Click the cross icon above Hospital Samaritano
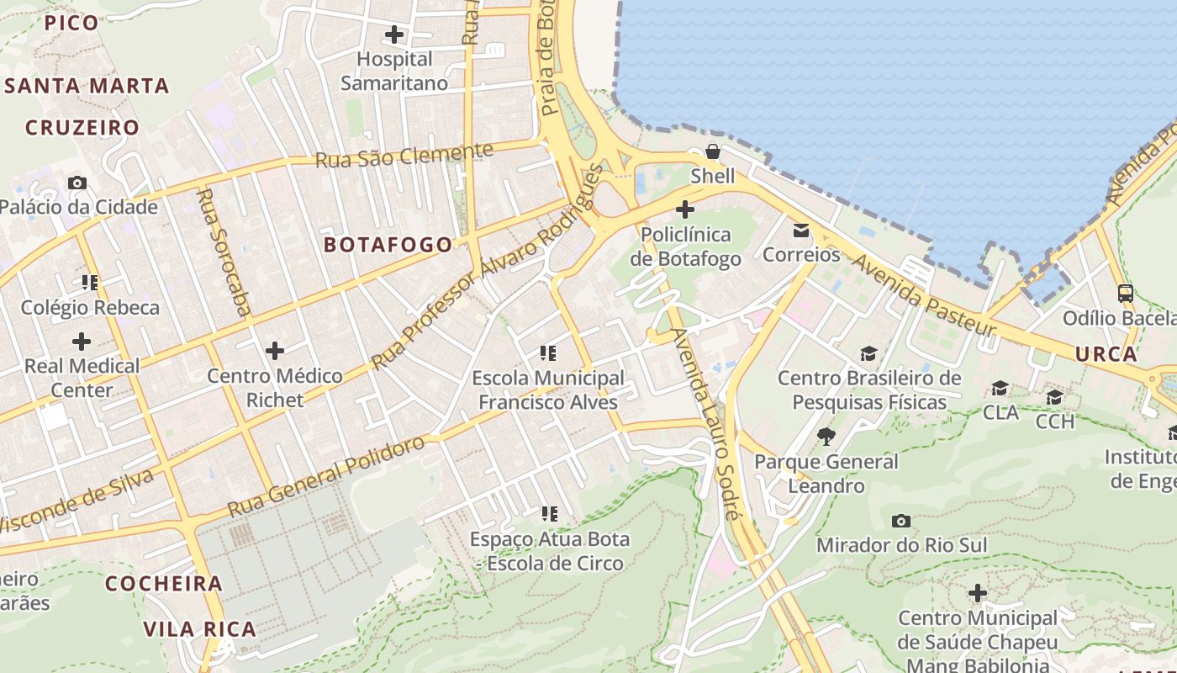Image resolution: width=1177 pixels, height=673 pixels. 393,34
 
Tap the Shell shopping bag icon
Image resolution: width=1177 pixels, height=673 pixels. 712,151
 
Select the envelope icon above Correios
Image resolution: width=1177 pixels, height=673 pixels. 801,230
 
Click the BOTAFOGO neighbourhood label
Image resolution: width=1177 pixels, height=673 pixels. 388,245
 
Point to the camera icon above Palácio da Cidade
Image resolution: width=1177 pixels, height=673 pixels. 77,183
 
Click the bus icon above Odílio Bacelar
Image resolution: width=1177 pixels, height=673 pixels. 1125,294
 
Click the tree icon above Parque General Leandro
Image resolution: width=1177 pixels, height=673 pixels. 826,436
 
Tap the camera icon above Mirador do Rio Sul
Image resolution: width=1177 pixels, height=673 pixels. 901,521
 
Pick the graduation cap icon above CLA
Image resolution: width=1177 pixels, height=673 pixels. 1000,388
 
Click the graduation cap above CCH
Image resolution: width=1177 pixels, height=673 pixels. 1054,397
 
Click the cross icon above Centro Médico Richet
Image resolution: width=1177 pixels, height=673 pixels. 274,350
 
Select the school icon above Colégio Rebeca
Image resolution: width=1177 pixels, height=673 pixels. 89,282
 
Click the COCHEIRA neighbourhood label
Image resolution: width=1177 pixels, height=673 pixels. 164,584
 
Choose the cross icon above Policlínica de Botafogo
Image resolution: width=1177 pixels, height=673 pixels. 685,209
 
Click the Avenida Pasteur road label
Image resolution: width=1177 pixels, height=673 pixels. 923,295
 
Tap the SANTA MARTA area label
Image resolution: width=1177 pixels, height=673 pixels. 87,86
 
